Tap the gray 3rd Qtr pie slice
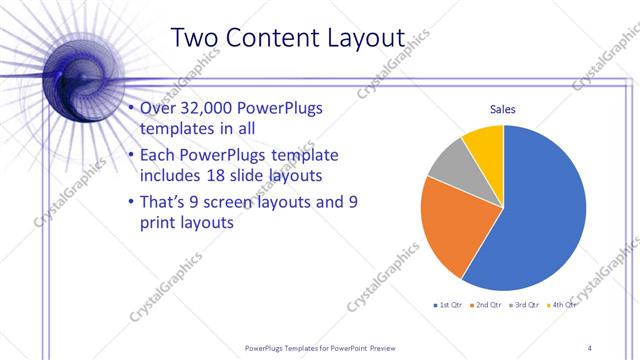[x=449, y=163]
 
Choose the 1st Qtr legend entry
[x=447, y=304]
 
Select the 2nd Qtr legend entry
[x=487, y=304]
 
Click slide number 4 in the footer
[x=590, y=347]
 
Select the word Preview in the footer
[x=376, y=347]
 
